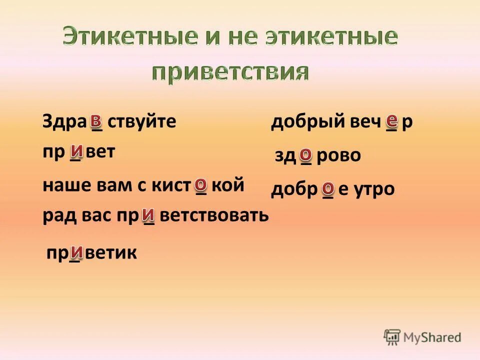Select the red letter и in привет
click(x=76, y=150)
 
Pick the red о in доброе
click(x=328, y=188)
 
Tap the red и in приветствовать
click(x=148, y=215)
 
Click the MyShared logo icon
click(x=392, y=337)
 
